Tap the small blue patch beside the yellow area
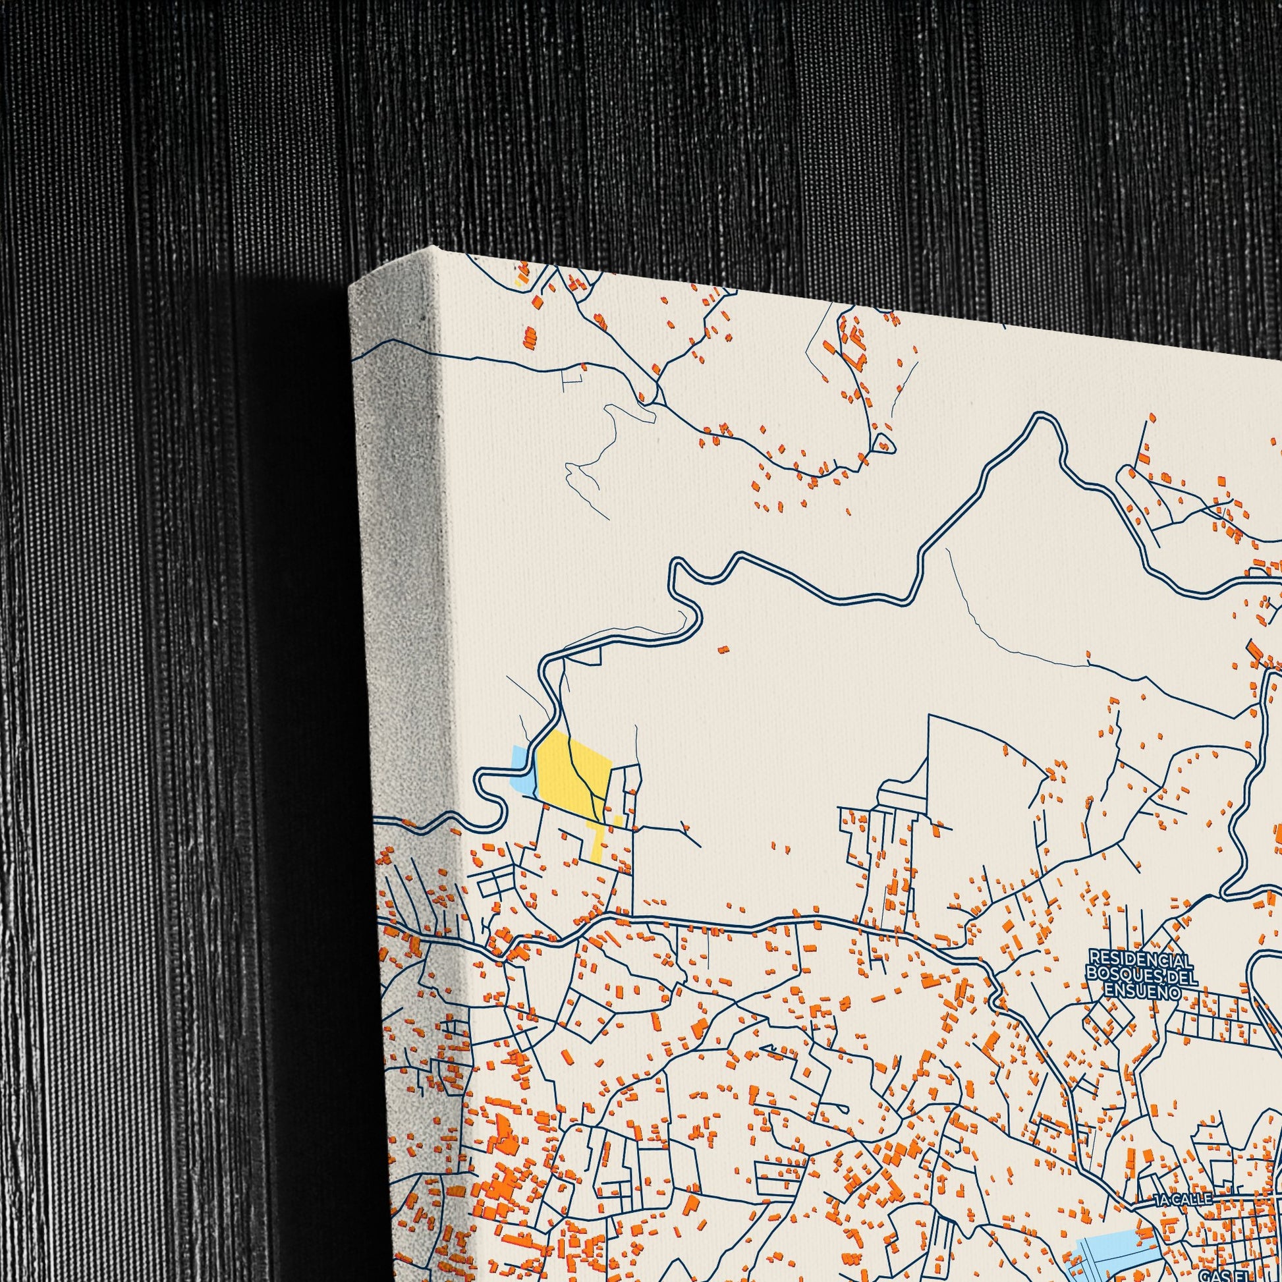pos(524,769)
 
